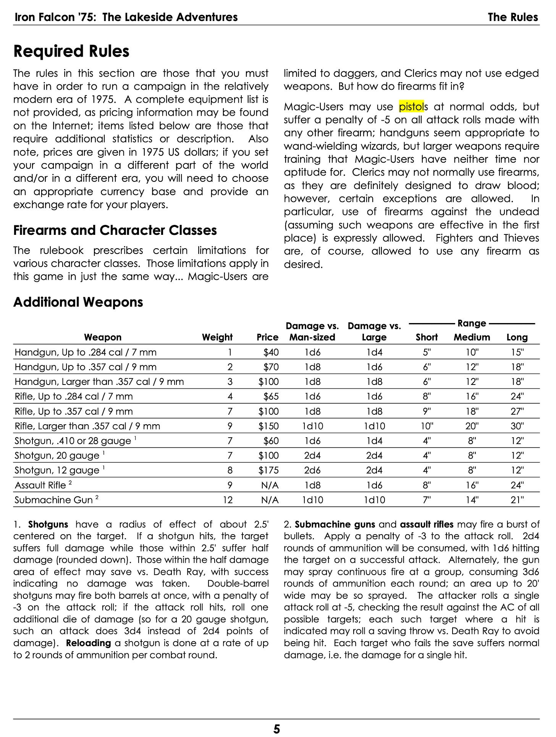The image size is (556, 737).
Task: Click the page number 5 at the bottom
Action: pos(277,729)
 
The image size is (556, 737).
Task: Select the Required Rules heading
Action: pos(71,52)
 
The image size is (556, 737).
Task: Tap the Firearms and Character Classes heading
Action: pos(115,231)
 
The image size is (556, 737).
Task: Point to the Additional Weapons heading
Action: pos(78,302)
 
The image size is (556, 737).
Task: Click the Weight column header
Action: pos(217,337)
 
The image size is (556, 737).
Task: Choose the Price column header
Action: pos(267,337)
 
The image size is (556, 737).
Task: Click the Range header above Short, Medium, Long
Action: pos(472,323)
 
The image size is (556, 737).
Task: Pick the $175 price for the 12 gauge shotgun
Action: pos(268,470)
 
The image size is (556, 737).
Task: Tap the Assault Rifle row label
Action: pos(40,485)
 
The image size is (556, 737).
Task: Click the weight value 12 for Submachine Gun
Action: pos(228,500)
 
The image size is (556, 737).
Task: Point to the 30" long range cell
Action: pos(517,426)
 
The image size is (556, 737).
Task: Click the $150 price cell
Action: pos(268,426)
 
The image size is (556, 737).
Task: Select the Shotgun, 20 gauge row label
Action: pos(57,456)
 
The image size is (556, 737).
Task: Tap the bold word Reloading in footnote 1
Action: pos(88,643)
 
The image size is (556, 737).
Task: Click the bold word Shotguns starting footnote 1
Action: pos(48,524)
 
